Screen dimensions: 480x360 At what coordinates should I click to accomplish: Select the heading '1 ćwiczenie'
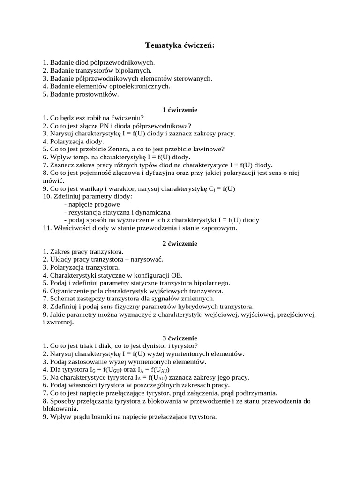(180, 110)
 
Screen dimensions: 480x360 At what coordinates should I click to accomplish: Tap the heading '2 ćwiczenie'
(180, 244)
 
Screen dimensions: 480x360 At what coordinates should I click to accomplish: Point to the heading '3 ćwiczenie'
(180, 338)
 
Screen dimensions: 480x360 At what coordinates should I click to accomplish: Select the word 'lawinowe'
(210, 149)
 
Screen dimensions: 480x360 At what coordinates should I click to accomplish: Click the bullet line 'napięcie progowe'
(92, 204)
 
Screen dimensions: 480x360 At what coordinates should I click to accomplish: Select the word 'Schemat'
(63, 299)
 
